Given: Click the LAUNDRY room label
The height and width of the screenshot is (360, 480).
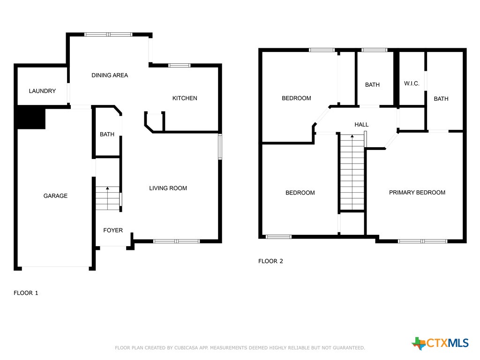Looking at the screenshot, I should tap(42, 91).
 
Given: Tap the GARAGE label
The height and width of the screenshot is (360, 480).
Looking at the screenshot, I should tap(55, 196).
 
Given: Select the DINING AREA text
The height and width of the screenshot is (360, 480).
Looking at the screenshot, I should tap(110, 75).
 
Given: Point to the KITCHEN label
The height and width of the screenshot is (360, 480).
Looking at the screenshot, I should tap(185, 98).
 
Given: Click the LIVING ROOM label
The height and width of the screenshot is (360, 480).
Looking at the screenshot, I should tap(168, 188).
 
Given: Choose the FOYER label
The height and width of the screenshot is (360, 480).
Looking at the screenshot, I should tap(113, 230).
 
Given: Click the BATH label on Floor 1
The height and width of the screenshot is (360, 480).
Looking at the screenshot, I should tap(107, 135).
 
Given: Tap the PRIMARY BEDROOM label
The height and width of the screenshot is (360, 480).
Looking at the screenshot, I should tap(417, 193).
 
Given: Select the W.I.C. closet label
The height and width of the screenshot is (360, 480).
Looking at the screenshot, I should tap(412, 84).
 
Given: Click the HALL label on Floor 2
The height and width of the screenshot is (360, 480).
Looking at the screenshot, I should tap(361, 125).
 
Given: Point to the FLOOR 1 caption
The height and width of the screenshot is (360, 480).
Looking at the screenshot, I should tap(26, 293).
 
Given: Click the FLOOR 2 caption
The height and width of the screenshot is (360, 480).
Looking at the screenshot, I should tap(270, 261).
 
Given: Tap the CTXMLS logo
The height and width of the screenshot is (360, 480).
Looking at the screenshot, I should tap(440, 343).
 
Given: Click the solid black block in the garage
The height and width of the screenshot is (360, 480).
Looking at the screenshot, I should tap(31, 117).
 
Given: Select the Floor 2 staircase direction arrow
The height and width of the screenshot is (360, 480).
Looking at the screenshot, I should tap(352, 137).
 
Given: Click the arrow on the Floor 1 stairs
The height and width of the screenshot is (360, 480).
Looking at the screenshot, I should tap(108, 188).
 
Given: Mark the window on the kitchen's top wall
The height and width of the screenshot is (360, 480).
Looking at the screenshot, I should tap(180, 65).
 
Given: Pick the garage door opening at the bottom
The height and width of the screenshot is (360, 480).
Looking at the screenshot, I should tap(55, 268).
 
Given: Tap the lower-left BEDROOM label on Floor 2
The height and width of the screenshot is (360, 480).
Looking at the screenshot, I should tap(300, 193).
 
